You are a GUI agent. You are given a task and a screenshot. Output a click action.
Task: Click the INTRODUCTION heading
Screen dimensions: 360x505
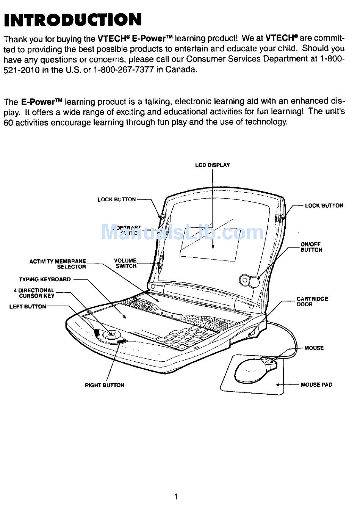(73, 20)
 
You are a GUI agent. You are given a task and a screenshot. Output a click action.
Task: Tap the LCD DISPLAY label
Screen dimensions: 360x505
(212, 165)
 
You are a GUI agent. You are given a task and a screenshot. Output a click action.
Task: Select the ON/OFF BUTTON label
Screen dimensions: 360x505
(311, 247)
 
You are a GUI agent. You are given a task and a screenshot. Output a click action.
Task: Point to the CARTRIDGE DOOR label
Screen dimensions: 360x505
(312, 301)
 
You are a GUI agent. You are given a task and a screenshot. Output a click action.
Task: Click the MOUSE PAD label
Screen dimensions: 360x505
(316, 384)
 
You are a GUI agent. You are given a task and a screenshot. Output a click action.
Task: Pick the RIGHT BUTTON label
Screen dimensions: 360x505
(105, 385)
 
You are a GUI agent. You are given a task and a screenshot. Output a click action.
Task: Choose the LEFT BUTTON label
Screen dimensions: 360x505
(28, 306)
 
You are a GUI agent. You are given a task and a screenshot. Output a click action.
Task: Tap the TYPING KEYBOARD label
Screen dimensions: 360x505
(45, 279)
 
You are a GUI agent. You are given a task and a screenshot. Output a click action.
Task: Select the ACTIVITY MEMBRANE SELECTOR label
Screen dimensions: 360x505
(58, 264)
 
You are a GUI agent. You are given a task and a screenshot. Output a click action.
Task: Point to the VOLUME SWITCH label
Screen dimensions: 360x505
(125, 263)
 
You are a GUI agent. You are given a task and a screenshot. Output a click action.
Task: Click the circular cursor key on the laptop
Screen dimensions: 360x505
(111, 334)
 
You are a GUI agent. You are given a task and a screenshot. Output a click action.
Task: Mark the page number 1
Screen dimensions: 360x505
(176, 496)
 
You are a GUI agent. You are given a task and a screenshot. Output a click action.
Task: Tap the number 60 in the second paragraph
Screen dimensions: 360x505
(8, 122)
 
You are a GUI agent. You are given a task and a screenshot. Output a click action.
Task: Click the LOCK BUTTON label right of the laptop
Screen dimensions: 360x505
(324, 205)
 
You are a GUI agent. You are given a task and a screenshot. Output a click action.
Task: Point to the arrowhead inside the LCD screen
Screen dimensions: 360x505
(213, 246)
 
